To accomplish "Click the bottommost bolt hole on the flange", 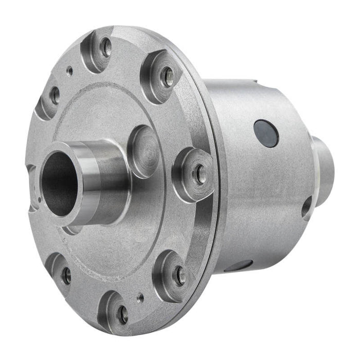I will (x=122, y=314).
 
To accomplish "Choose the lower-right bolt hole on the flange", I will (x=179, y=275).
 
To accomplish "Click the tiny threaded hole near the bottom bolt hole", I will (x=140, y=297).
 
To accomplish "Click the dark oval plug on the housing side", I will (x=266, y=134).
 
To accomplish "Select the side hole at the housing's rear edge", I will (x=307, y=207).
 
